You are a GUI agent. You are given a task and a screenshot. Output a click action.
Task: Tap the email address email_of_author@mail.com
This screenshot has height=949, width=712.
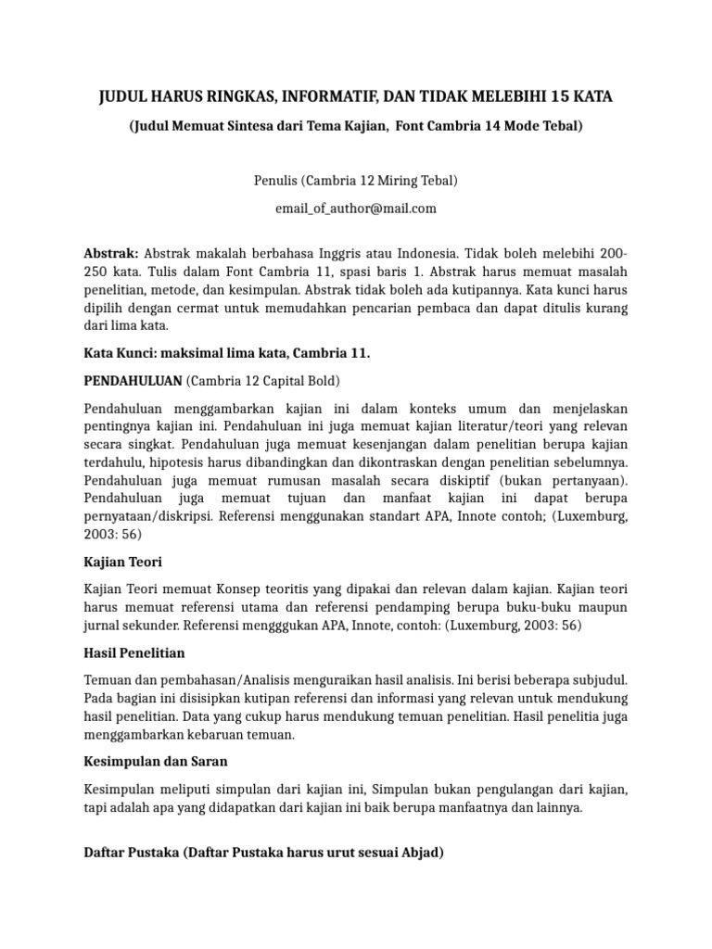click(x=356, y=209)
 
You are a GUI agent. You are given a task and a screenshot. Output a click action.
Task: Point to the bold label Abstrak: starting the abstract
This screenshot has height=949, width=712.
click(x=111, y=253)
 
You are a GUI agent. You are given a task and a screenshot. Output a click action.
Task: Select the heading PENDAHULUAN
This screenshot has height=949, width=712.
click(x=133, y=381)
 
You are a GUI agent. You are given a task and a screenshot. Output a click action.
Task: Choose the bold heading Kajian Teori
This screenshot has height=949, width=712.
click(x=124, y=562)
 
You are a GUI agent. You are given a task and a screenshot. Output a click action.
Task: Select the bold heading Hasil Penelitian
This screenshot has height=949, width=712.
click(x=134, y=653)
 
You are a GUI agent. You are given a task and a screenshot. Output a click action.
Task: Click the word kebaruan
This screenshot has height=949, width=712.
click(x=223, y=735)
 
